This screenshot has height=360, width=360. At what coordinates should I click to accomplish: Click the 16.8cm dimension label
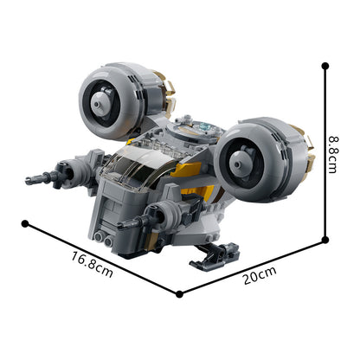(92, 264)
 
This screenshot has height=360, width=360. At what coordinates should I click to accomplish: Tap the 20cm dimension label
(260, 275)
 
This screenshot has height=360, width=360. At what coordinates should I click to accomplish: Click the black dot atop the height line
(325, 66)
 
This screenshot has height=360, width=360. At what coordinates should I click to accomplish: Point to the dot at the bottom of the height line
(325, 240)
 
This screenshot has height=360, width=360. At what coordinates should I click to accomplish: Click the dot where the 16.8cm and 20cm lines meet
(179, 294)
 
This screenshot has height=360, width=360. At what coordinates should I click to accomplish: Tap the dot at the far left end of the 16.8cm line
(25, 223)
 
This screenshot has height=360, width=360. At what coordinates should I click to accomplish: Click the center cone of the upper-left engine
(100, 103)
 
